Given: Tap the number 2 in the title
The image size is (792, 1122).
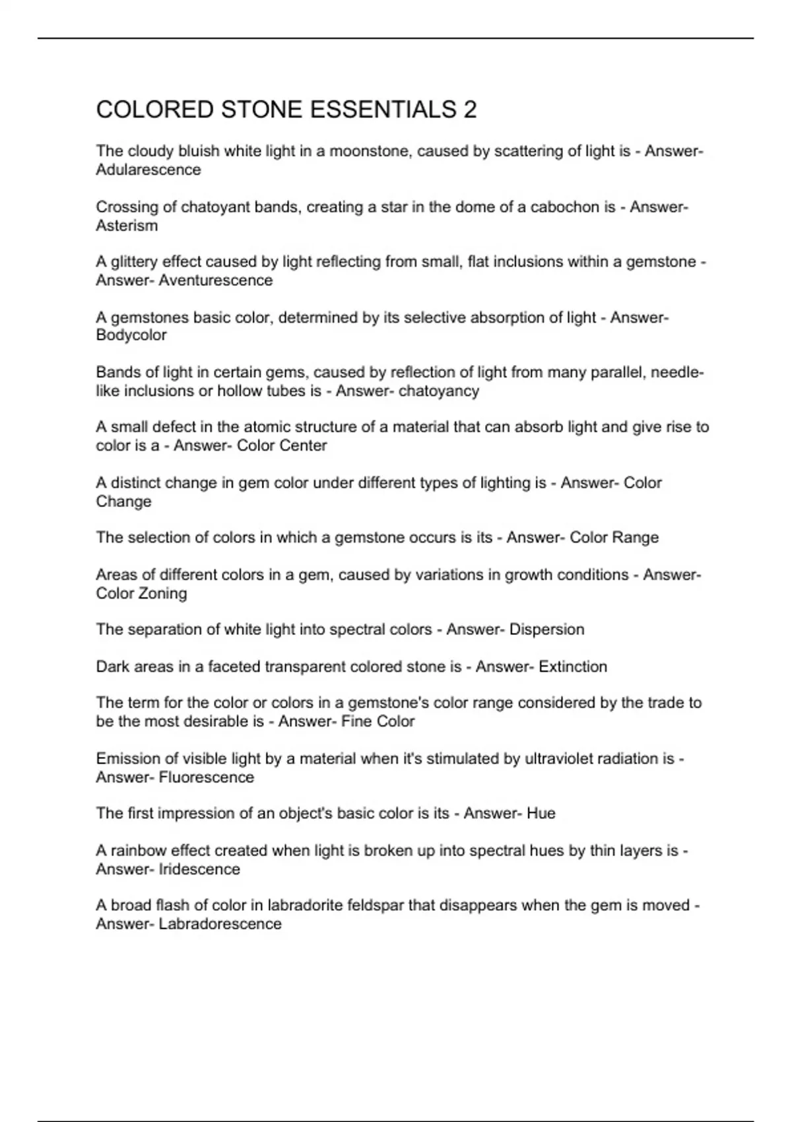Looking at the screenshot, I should pos(470,110).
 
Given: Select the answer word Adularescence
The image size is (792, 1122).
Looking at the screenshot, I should pos(148,170).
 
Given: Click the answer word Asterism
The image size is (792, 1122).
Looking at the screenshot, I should pos(127,226).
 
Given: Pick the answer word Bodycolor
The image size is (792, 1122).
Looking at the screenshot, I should pos(131,335).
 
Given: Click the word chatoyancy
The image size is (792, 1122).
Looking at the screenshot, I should pos(439,391).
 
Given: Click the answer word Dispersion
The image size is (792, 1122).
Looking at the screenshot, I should pos(547,630).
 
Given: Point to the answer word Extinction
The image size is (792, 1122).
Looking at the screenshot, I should pos(573,667).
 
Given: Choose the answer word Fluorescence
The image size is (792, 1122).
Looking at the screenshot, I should pos(207,777).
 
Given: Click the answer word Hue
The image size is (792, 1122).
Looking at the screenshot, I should pos(541,813).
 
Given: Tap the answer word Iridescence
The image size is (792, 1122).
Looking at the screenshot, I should pos(199,869).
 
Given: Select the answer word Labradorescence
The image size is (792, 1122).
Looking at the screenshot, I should pos(220,924).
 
